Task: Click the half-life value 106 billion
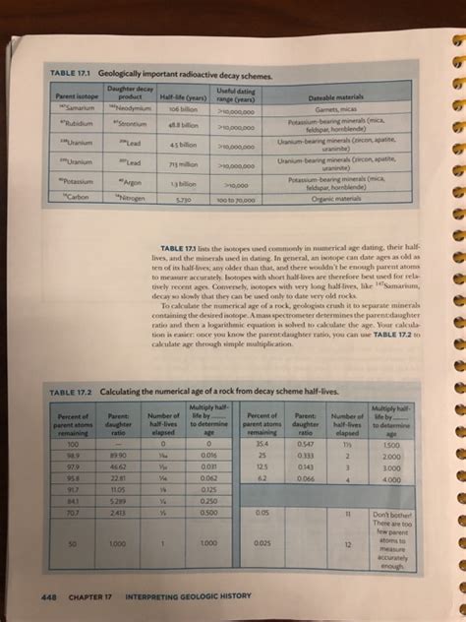click(x=183, y=110)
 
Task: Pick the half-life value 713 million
click(x=184, y=163)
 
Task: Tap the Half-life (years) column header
click(x=184, y=96)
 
